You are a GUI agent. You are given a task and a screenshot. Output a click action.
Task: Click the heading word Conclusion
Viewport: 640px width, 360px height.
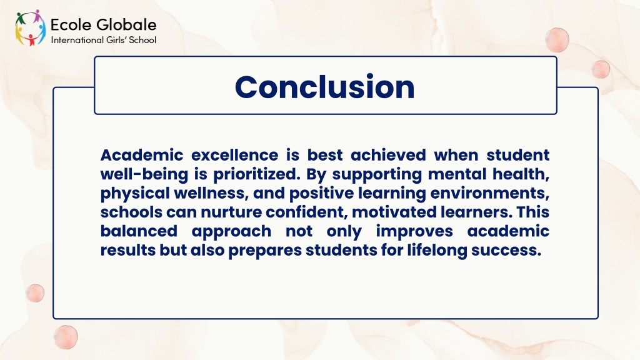(325, 87)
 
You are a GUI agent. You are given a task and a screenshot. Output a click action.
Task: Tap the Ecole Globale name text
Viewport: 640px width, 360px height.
(103, 25)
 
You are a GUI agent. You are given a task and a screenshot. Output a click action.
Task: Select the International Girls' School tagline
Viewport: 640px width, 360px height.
(104, 40)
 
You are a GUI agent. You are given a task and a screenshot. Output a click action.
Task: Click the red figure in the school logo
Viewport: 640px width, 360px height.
(31, 39)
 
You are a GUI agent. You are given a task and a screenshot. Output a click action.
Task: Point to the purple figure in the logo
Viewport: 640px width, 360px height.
(37, 16)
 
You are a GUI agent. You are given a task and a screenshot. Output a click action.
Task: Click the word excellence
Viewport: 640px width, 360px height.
(235, 155)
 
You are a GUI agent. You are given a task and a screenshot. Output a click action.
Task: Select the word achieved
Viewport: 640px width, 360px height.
(388, 155)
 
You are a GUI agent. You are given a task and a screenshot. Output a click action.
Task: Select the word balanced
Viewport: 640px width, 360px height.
(139, 231)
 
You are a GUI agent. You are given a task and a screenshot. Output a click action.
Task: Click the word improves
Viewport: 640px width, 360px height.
(414, 231)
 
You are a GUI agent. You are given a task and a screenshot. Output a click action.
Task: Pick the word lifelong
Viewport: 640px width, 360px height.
(437, 250)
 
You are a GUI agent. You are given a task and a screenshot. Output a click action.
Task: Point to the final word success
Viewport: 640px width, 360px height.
(506, 251)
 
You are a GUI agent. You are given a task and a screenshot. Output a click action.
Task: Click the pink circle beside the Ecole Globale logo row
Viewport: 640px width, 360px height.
(557, 39)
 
